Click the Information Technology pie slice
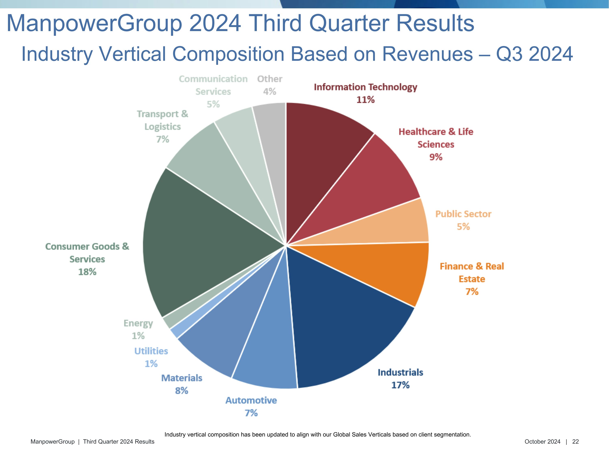pos(322,154)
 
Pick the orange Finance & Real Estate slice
pos(385,270)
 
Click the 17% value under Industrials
pos(400,385)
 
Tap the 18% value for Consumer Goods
pos(87,272)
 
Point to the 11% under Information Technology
pos(365,100)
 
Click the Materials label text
pos(181,378)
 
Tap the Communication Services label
pos(213,85)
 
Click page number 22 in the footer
pos(576,442)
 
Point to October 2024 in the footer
pos(542,442)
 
